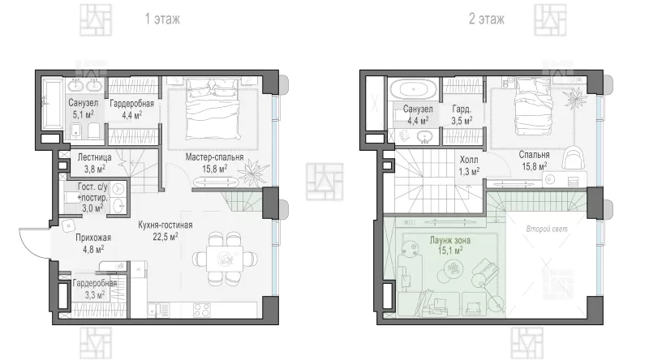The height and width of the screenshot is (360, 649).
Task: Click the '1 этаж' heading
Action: [x=162, y=19]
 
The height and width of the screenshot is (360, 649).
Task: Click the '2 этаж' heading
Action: [x=486, y=19]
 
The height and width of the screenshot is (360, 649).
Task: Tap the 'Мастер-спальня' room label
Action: [x=214, y=156]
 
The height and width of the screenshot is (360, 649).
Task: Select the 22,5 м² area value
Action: [x=165, y=236]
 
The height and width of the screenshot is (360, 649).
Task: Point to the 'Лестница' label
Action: [x=94, y=157]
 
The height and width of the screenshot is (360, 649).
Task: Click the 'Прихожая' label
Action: [x=93, y=238]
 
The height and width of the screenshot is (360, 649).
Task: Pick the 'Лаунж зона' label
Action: [x=450, y=241]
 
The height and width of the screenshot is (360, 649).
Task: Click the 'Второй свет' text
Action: [x=547, y=229]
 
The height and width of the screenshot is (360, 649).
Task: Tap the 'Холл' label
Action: [x=469, y=160]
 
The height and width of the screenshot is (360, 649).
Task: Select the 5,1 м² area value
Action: [x=84, y=114]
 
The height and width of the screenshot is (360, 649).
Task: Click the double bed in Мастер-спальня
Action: [x=213, y=109]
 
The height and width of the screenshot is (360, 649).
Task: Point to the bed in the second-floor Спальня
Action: [x=533, y=107]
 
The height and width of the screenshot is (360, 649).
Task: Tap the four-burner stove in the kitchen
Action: [x=202, y=310]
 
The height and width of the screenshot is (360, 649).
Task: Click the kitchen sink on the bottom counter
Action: [x=153, y=310]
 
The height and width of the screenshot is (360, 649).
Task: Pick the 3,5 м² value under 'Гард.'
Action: [x=462, y=121]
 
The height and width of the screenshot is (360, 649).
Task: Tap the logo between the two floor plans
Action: [x=324, y=182]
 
